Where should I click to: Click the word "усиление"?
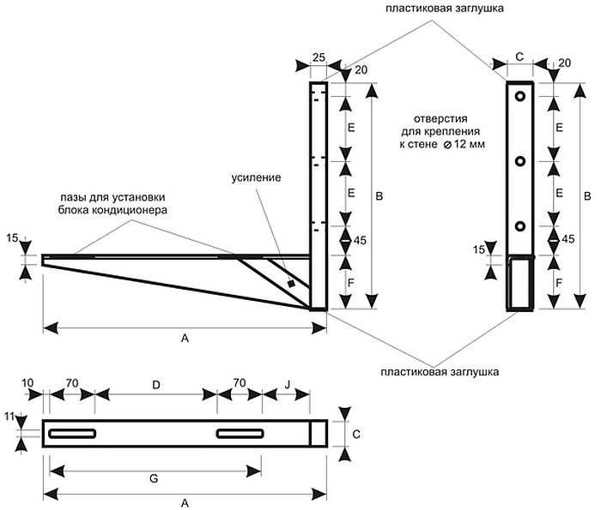pos(255,178)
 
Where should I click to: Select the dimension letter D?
pos(155,386)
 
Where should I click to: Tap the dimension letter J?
pos(287,386)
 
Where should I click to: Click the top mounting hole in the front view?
pos(519,97)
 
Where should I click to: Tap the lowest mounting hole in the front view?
pos(519,225)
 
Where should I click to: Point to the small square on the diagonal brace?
pos(292,284)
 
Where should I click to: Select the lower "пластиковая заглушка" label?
pos(440,372)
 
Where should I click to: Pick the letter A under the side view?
pos(184,339)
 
